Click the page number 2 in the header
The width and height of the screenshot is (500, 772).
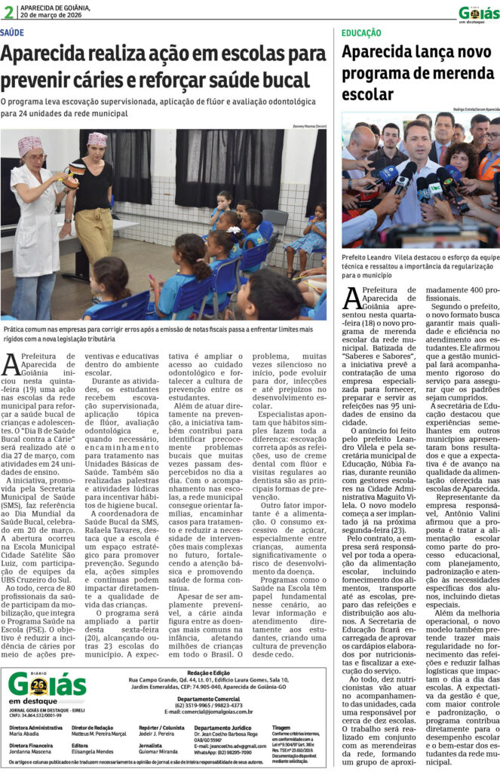[x=8, y=11]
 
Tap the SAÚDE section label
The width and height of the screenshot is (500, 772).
[x=12, y=33]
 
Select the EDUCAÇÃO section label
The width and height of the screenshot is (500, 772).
[x=360, y=34]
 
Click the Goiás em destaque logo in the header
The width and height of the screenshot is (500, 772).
[x=477, y=13]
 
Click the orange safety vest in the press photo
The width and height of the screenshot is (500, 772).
[x=489, y=168]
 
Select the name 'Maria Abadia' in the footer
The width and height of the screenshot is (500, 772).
[x=25, y=733]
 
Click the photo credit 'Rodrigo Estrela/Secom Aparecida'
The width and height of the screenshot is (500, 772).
[x=471, y=109]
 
